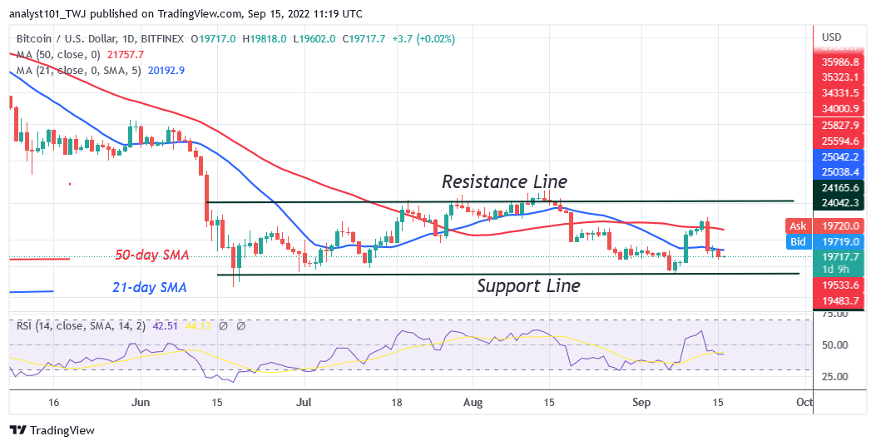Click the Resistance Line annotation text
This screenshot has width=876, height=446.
click(x=504, y=181)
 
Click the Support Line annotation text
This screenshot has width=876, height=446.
click(x=528, y=286)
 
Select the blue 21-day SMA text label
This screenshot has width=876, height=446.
click(x=150, y=288)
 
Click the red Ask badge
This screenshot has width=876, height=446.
click(x=797, y=225)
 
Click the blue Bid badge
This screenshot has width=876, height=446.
click(x=797, y=241)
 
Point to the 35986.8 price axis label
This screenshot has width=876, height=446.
click(x=840, y=62)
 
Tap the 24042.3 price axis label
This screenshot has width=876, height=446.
click(x=840, y=202)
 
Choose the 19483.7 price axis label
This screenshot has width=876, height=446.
click(x=840, y=300)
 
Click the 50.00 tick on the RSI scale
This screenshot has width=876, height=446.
click(x=834, y=345)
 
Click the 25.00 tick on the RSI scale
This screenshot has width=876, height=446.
click(x=834, y=376)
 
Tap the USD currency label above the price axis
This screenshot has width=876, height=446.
click(x=833, y=37)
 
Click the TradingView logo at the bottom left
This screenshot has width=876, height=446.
click(x=52, y=430)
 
